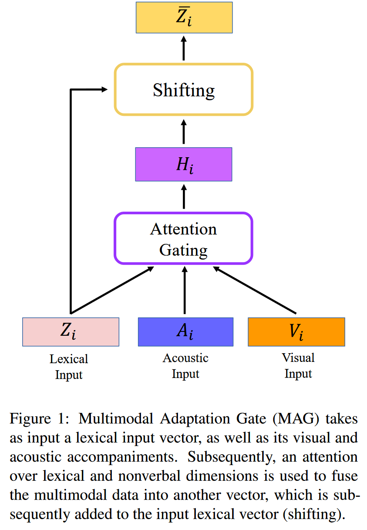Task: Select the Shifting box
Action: pos(183,90)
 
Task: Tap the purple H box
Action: pos(183,164)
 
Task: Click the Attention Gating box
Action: pos(183,238)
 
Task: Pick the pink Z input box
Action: pos(71,332)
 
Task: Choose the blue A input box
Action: pos(185,332)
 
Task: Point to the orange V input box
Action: pos(296,332)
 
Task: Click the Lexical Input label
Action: pos(69,367)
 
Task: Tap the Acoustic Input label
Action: pos(185,366)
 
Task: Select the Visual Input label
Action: pos(298,366)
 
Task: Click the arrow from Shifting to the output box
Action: pos(183,49)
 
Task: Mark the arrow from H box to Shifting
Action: pos(183,132)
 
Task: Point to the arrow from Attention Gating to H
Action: pos(183,197)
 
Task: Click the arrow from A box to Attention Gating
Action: pos(185,291)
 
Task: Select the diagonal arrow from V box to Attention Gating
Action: pos(255,290)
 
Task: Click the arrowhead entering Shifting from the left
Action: pos(104,90)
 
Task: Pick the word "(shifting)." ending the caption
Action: pos(313,514)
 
